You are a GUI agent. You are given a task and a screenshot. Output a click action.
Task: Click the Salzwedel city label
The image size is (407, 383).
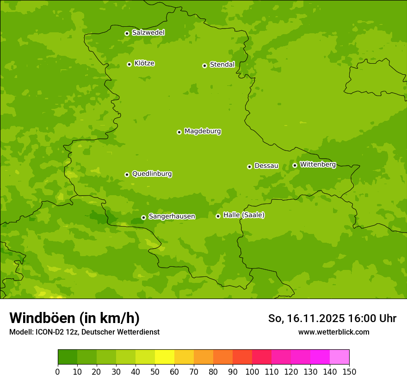tap(148, 33)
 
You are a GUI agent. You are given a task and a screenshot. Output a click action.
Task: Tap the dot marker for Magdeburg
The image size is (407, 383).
tap(179, 132)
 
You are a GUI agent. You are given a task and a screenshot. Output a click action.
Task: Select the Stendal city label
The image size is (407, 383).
tap(222, 65)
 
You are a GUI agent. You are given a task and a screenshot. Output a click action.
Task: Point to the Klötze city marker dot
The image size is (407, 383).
tap(129, 64)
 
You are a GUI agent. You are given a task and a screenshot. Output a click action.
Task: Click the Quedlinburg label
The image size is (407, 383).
tap(152, 174)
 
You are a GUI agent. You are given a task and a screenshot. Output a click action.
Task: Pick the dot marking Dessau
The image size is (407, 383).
tap(249, 167)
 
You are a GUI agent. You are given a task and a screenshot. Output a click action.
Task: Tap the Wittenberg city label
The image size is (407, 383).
tap(318, 164)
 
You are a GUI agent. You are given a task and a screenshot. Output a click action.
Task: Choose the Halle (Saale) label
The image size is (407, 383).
tap(244, 215)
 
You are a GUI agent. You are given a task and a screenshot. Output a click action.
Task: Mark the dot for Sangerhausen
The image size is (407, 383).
tap(143, 217)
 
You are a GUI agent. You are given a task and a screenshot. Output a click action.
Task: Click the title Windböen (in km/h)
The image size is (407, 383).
tap(74, 318)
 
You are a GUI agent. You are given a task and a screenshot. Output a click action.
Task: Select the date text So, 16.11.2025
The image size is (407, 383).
tap(306, 318)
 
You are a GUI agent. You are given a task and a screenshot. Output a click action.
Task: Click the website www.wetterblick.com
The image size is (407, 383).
tap(333, 332)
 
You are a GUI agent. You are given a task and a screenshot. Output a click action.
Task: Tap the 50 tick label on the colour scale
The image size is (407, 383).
tap(155, 371)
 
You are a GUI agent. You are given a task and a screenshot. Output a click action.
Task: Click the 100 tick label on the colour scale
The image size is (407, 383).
tap(252, 371)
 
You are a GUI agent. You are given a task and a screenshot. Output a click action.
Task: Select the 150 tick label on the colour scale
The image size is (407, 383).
tap(349, 371)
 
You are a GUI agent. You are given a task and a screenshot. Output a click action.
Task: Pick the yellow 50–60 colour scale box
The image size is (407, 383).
tap(165, 357)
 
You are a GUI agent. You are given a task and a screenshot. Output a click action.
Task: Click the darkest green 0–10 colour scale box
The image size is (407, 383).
tap(68, 357)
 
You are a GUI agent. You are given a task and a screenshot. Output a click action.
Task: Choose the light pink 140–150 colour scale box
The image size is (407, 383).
tap(339, 357)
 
